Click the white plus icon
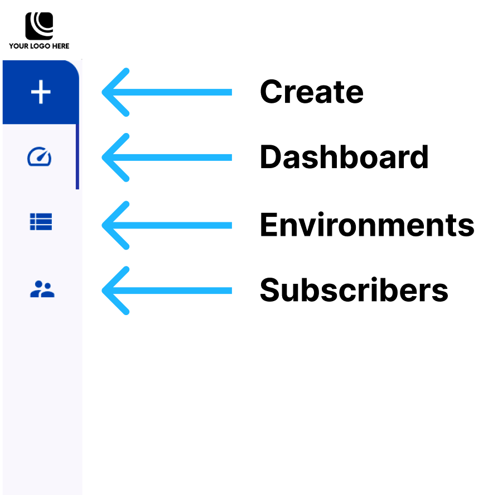tap(41, 92)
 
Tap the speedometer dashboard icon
tap(40, 156)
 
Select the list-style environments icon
tap(41, 222)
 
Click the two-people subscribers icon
tap(42, 289)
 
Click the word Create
tap(312, 92)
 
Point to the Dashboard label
tap(344, 157)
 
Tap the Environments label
tap(367, 225)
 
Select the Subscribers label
tap(354, 290)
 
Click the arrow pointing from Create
tap(167, 92)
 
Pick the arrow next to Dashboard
tap(167, 157)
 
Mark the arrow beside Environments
tap(167, 225)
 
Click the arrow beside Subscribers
tap(167, 291)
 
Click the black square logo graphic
tap(39, 26)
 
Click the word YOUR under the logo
tap(18, 46)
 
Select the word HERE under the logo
tap(61, 46)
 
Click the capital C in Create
tap(271, 92)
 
